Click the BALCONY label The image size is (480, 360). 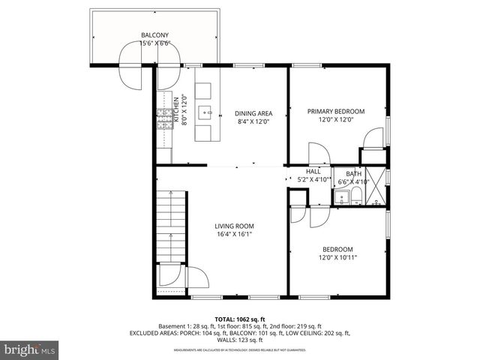pos(155,34)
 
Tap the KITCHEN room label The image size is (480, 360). pos(177,110)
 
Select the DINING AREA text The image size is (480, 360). pos(253,112)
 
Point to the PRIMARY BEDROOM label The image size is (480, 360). pos(335,111)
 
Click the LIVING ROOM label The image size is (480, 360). pos(235,226)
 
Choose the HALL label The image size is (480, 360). pos(313,172)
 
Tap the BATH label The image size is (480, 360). pos(353,174)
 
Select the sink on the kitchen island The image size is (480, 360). pos(205,112)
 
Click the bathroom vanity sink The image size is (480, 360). pos(341,199)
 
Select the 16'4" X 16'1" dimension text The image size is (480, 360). pos(235,234)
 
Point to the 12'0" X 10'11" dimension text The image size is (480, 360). pos(337,257)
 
